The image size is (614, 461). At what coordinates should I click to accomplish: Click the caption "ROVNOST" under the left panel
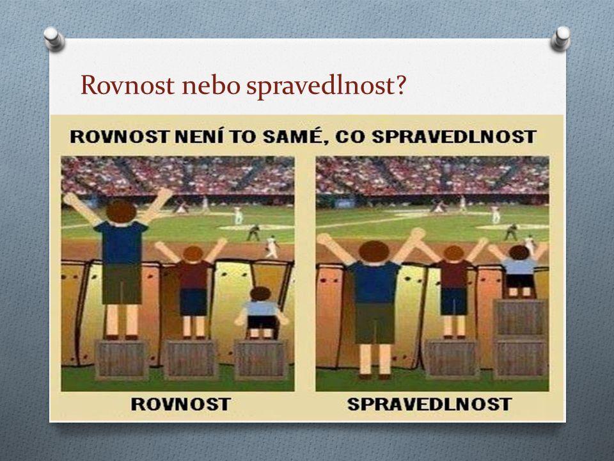[x=180, y=404]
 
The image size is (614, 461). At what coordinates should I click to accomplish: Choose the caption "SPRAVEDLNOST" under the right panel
[x=430, y=404]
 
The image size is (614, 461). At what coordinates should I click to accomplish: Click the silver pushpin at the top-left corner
[x=54, y=38]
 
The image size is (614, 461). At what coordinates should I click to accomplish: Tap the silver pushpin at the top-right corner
[x=560, y=38]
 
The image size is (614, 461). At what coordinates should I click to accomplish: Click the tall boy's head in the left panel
[x=121, y=211]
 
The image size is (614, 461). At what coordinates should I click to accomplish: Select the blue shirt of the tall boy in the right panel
[x=375, y=282]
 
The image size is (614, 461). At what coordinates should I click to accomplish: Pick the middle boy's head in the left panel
[x=193, y=254]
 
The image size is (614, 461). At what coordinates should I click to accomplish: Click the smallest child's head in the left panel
[x=260, y=294]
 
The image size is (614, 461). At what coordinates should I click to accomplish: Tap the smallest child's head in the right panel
[x=519, y=252]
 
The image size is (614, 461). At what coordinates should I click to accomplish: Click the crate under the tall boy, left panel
[x=122, y=360]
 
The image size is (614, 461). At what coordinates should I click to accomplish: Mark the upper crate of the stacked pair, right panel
[x=521, y=318]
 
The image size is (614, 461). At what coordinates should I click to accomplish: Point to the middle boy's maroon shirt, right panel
[x=453, y=274]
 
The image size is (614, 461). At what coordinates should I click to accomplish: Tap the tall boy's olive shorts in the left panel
[x=122, y=283]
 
